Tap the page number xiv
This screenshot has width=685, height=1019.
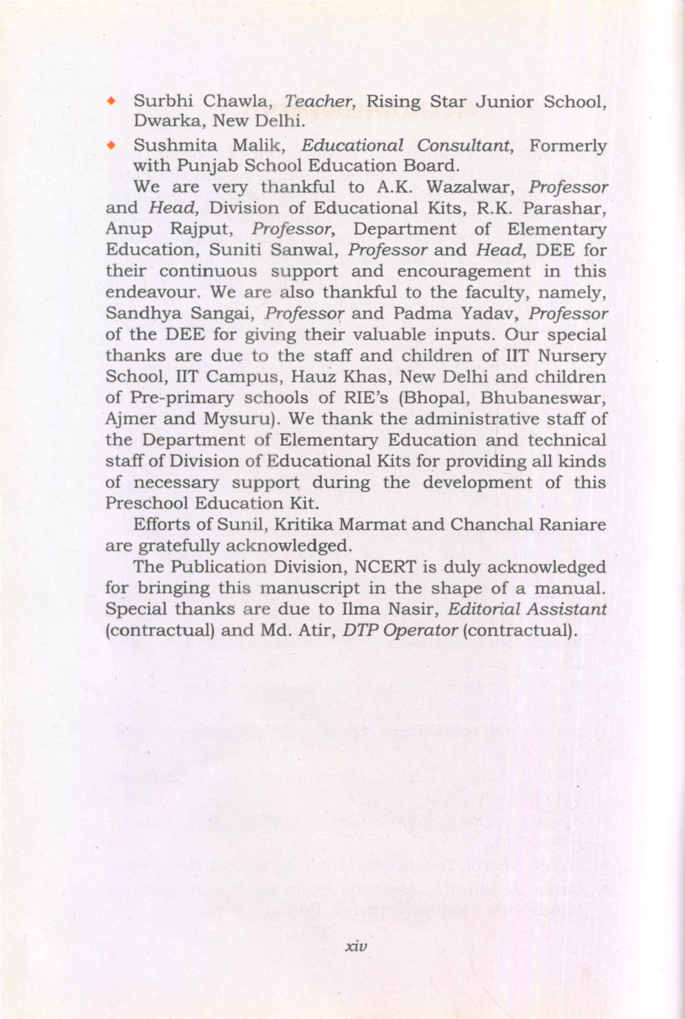click(355, 946)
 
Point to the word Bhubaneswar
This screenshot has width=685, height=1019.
click(543, 398)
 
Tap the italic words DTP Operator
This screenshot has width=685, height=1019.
click(400, 630)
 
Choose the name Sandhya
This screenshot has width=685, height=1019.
click(142, 313)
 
